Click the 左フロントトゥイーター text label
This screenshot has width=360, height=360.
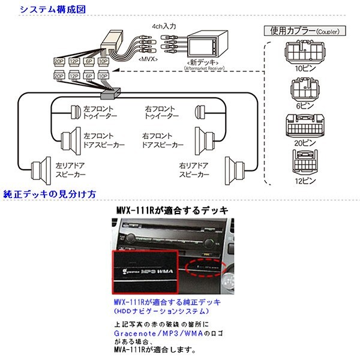pyautogui.click(x=100, y=112)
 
